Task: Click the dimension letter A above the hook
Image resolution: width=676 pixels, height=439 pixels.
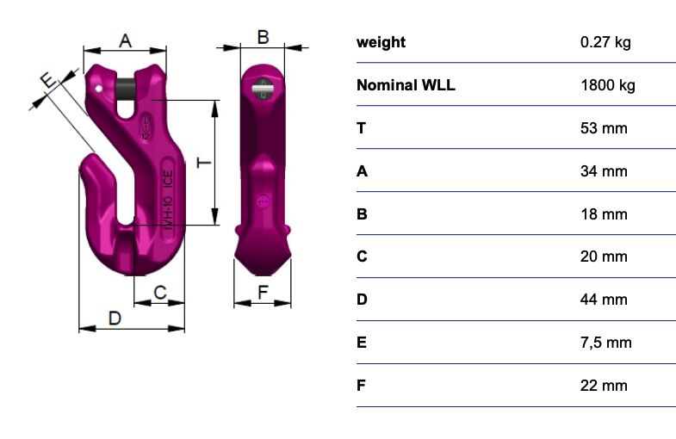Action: point(125,41)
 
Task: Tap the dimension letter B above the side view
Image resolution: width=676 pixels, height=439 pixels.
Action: point(263,37)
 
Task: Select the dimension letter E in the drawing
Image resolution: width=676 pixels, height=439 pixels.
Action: point(49,80)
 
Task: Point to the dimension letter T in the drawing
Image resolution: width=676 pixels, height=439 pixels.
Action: point(204,163)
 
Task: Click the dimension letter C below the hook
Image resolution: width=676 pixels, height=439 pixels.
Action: point(160,293)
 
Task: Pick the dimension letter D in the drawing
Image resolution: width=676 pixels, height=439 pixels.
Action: point(115,318)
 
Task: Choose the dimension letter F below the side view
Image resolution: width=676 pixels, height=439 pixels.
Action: point(263,293)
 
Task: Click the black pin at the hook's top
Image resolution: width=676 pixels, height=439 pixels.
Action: point(126,90)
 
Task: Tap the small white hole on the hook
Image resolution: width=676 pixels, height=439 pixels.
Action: point(99,89)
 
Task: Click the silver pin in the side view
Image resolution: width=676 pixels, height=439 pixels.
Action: point(264,88)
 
